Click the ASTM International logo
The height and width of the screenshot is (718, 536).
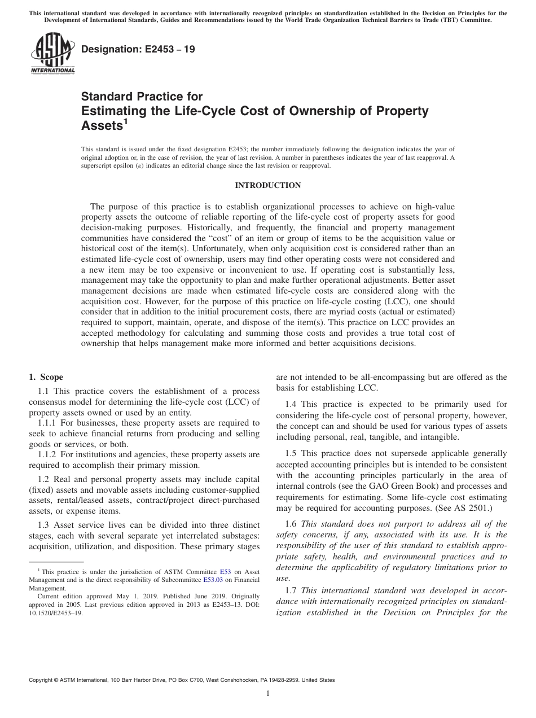click(52, 52)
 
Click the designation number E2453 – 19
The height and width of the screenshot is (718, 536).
click(138, 49)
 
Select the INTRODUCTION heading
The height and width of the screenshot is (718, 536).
click(267, 185)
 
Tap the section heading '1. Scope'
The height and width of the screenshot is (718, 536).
click(46, 377)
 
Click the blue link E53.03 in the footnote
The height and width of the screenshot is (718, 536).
click(214, 579)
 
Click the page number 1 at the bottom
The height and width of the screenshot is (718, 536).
click(268, 694)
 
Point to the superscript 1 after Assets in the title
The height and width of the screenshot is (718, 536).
click(126, 120)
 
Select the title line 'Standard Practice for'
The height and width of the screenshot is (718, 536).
click(142, 97)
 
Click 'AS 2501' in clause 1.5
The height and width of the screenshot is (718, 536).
click(473, 507)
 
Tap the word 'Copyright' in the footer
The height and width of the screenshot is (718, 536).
click(42, 680)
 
